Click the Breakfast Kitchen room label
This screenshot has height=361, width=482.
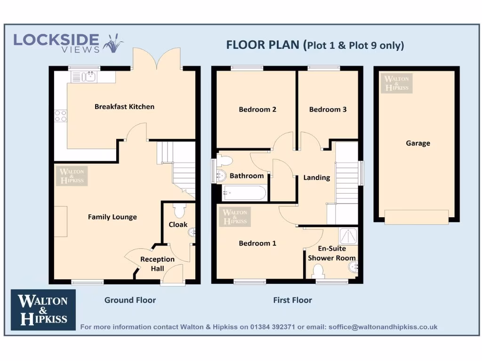[124, 107]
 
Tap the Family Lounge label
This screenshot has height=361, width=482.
[112, 217]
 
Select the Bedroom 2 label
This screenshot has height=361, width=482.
[257, 110]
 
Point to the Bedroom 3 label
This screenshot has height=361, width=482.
[328, 110]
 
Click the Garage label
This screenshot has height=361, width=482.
[418, 143]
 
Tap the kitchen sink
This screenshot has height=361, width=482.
[84, 76]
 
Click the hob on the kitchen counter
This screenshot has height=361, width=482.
[61, 116]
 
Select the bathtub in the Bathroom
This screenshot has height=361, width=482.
[244, 193]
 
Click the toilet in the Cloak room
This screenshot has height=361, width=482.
[178, 208]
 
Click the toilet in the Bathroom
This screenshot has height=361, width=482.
[224, 161]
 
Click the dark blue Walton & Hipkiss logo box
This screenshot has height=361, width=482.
[43, 310]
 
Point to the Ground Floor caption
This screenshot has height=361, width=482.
[130, 300]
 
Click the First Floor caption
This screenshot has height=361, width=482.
[292, 300]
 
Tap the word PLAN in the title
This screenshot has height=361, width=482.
[285, 45]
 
